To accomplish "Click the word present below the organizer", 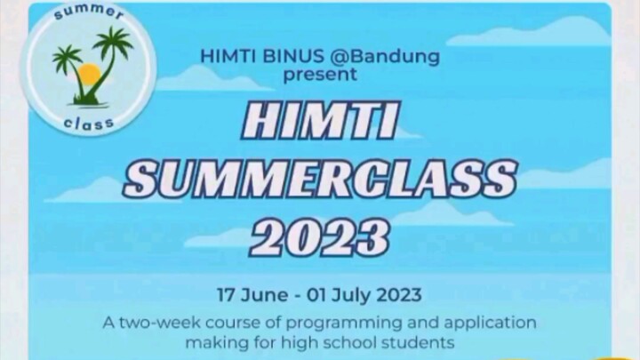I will [x=320, y=76].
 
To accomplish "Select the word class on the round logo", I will [x=89, y=123].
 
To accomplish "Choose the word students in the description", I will [x=423, y=340].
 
